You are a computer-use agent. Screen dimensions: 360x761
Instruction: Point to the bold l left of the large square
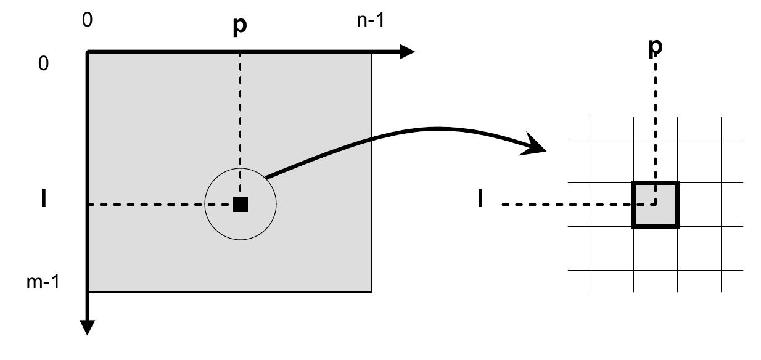[43, 200]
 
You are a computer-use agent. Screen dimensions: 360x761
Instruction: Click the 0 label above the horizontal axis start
[87, 20]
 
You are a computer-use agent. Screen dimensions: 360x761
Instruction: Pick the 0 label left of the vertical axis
[43, 64]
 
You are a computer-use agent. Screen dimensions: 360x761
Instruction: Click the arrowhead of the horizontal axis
[406, 52]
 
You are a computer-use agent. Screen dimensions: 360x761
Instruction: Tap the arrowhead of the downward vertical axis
[88, 327]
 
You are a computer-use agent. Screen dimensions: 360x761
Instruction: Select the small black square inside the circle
[241, 205]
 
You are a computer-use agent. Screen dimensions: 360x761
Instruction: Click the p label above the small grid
[655, 47]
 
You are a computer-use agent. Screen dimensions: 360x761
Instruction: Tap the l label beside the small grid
[480, 200]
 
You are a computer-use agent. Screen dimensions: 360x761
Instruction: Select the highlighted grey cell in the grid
[655, 205]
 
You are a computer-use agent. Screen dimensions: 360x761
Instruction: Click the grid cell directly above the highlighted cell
[655, 161]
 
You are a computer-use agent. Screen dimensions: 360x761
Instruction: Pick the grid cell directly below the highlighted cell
[655, 248]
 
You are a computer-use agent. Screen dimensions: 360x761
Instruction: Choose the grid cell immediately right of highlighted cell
[699, 205]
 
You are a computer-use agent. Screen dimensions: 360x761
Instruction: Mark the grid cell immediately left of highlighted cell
[612, 205]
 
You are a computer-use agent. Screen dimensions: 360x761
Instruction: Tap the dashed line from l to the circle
[148, 205]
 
